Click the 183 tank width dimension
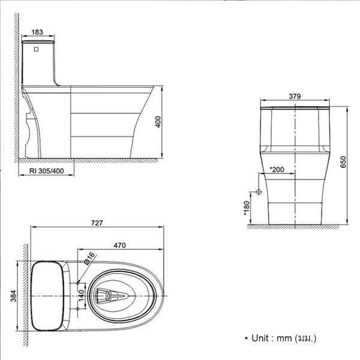37,32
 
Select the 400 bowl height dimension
158,122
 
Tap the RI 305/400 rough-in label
47,171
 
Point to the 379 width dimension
295,96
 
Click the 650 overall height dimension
343,162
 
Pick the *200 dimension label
277,170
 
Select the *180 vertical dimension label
247,208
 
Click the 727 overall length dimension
97,223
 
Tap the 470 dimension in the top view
119,245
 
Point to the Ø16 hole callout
89,258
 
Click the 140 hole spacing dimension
82,295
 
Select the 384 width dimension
14,296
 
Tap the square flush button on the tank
36,49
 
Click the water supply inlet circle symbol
259,192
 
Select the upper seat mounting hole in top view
77,283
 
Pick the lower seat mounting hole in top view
77,309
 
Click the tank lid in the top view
47,296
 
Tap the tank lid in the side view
38,42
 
